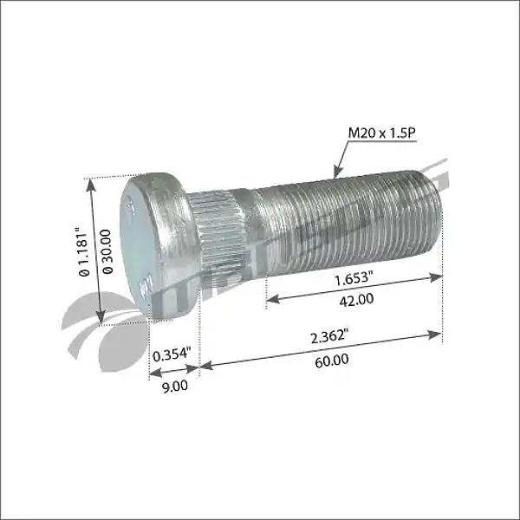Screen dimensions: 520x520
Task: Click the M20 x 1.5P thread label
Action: tap(381, 133)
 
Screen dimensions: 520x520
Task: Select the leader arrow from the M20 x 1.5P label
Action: tap(340, 159)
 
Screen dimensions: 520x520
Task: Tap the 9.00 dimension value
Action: tap(174, 386)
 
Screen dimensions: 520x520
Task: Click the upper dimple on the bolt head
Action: tap(130, 206)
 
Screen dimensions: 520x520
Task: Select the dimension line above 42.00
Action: tap(354, 287)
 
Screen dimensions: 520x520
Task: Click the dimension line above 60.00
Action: tap(321, 349)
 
